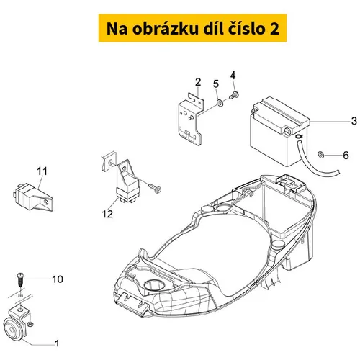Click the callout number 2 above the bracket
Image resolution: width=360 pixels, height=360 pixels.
pyautogui.click(x=198, y=82)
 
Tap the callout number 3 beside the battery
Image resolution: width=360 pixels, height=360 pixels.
pyautogui.click(x=354, y=121)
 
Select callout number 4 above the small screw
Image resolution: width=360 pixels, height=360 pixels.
pyautogui.click(x=233, y=76)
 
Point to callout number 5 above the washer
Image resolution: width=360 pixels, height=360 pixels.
pyautogui.click(x=216, y=84)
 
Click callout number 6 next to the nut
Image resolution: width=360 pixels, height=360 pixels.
pyautogui.click(x=346, y=156)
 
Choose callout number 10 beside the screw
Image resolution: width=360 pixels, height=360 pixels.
pyautogui.click(x=58, y=279)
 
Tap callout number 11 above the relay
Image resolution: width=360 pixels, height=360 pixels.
pyautogui.click(x=42, y=171)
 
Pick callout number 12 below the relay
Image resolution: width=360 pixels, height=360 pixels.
pyautogui.click(x=107, y=214)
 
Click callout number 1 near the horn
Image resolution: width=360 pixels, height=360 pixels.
pyautogui.click(x=57, y=343)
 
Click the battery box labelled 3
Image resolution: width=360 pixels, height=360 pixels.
pyautogui.click(x=279, y=131)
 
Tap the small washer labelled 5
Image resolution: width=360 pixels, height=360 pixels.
pyautogui.click(x=220, y=103)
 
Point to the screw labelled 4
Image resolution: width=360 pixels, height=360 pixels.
pyautogui.click(x=234, y=96)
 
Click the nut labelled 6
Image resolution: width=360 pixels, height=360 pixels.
pyautogui.click(x=320, y=155)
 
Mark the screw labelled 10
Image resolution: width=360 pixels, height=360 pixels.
pyautogui.click(x=20, y=280)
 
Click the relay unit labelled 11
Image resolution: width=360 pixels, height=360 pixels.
pyautogui.click(x=33, y=197)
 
